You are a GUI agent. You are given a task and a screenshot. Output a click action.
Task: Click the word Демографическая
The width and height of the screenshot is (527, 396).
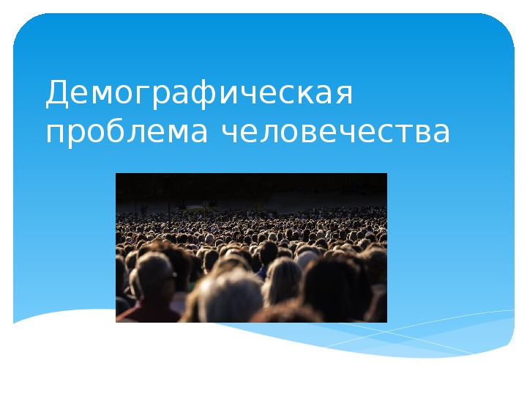199,92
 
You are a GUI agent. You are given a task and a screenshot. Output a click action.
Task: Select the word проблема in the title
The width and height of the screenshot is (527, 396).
127,132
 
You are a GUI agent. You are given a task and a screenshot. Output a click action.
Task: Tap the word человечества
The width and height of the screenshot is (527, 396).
335,131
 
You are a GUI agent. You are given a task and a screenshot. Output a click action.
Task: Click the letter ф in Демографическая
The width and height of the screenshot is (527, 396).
204,93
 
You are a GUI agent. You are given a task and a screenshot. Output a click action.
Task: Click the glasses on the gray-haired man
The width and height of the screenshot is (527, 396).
169,277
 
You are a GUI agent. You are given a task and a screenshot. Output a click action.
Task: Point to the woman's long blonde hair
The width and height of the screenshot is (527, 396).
282,282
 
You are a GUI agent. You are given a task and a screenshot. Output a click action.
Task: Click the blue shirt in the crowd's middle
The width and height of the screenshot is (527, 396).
261,273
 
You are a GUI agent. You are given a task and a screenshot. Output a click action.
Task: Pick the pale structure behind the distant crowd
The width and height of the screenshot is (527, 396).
198,208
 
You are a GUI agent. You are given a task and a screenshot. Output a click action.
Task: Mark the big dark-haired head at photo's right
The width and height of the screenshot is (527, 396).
331,290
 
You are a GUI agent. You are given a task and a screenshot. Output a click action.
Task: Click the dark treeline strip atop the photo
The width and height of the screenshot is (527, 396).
251,185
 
